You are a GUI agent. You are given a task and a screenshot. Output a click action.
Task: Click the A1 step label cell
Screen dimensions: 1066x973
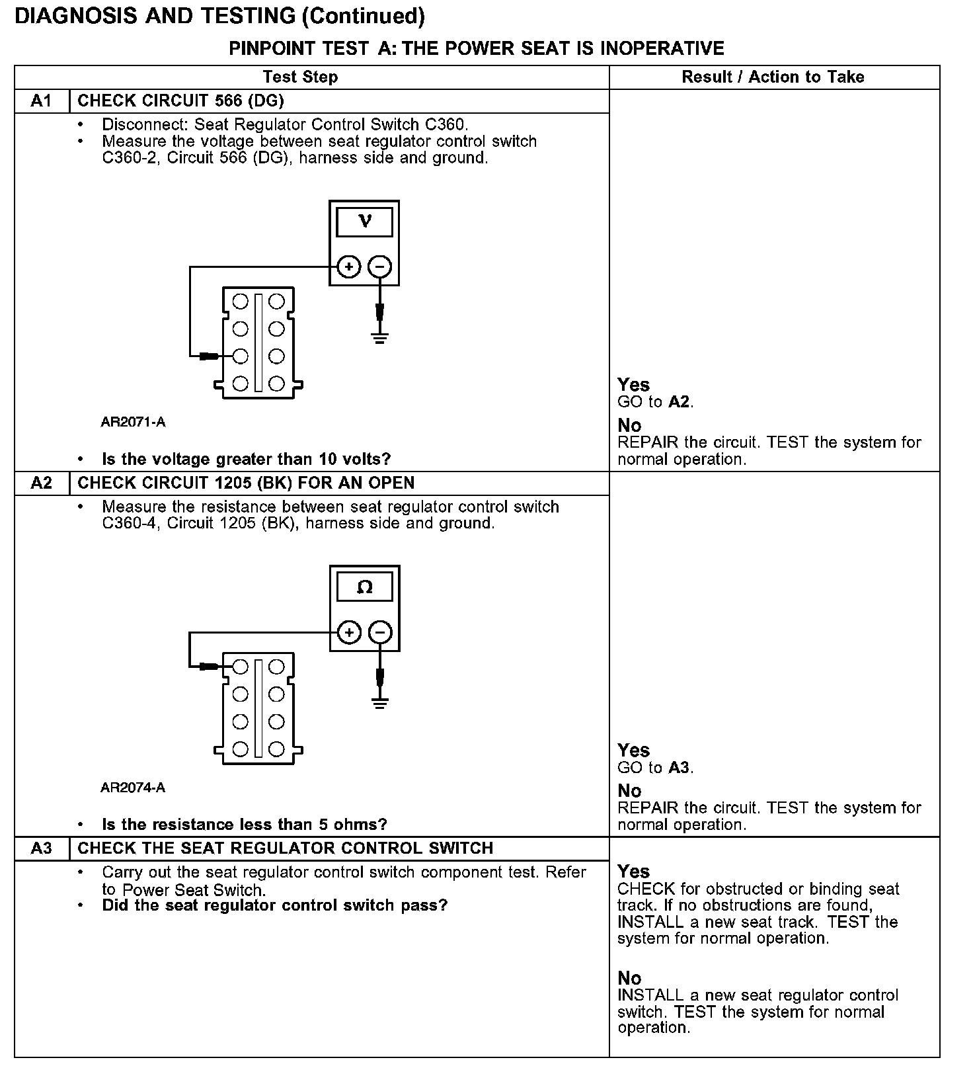pyautogui.click(x=41, y=101)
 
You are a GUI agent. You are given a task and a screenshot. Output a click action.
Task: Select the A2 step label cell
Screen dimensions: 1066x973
pyautogui.click(x=41, y=483)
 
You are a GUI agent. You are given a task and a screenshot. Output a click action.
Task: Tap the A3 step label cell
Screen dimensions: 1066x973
pyautogui.click(x=41, y=848)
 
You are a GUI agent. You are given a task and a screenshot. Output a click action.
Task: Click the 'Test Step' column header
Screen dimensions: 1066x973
pyautogui.click(x=300, y=77)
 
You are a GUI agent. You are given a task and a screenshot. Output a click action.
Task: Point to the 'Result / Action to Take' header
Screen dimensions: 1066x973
pyautogui.click(x=773, y=77)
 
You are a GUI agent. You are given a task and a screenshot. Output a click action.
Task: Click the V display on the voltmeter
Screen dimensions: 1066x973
pyautogui.click(x=364, y=222)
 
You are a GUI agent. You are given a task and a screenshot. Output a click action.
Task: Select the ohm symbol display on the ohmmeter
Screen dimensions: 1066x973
pyautogui.click(x=364, y=587)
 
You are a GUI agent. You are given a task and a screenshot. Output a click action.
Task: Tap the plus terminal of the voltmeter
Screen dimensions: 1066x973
pyautogui.click(x=348, y=267)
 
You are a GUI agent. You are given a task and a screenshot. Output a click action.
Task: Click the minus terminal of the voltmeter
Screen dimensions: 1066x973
pyautogui.click(x=379, y=267)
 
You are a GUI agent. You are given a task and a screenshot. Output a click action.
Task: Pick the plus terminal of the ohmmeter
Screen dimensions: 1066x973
pyautogui.click(x=348, y=633)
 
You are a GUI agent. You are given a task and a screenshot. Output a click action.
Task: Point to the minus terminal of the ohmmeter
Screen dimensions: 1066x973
pyautogui.click(x=379, y=633)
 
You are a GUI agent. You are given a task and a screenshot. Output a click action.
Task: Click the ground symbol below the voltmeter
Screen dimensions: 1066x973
pyautogui.click(x=379, y=337)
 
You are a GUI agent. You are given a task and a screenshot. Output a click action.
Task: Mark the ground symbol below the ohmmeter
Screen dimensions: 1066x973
pyautogui.click(x=379, y=702)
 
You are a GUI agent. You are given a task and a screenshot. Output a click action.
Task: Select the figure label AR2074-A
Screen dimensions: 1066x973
pyautogui.click(x=133, y=788)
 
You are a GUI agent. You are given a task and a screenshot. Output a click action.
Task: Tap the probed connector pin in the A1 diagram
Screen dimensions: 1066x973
pyautogui.click(x=241, y=356)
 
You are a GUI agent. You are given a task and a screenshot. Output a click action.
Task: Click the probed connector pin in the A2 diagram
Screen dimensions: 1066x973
pyautogui.click(x=241, y=667)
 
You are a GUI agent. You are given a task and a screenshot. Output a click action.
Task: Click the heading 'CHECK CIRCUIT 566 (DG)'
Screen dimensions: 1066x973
pyautogui.click(x=180, y=101)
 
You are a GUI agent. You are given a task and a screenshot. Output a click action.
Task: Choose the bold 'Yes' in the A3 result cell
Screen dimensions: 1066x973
pyautogui.click(x=633, y=872)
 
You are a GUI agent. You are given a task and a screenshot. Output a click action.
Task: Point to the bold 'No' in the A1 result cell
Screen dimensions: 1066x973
pyautogui.click(x=629, y=425)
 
